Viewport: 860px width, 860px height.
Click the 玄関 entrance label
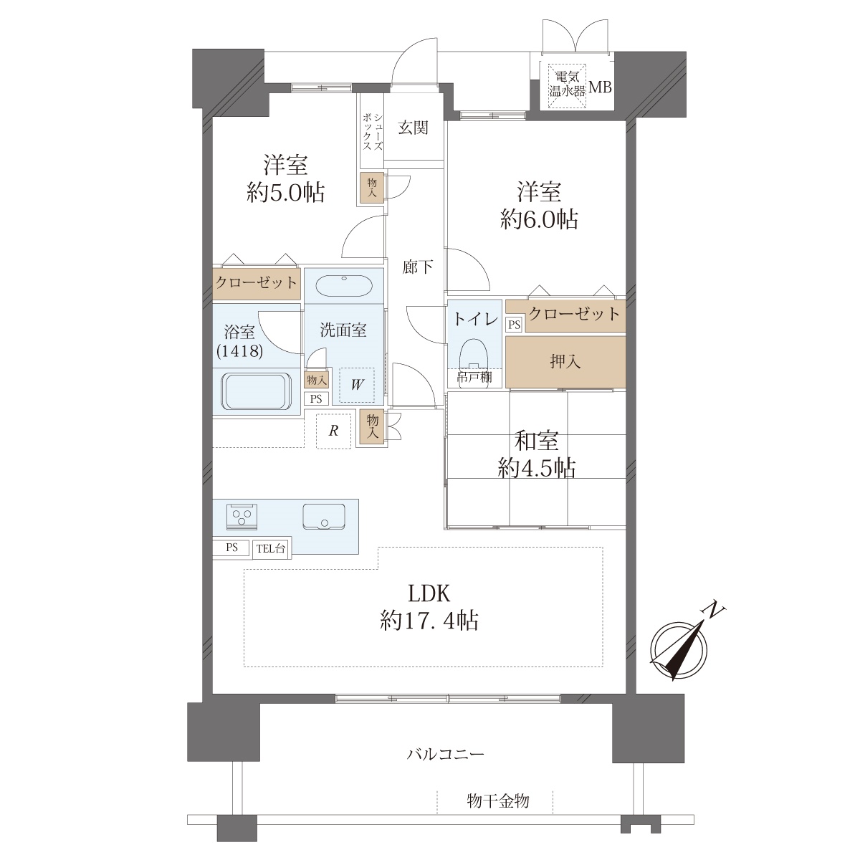[x=413, y=128]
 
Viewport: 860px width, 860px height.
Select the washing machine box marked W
[x=356, y=384]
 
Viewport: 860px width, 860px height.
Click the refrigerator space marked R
[x=333, y=431]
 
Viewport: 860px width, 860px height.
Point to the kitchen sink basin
[x=323, y=517]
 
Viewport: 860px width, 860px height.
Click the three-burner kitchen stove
[x=242, y=516]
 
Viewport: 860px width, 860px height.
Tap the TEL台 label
[x=271, y=548]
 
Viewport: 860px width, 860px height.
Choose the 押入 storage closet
[x=565, y=361]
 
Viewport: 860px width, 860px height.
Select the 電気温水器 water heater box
[x=567, y=87]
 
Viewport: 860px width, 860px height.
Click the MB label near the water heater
[x=601, y=87]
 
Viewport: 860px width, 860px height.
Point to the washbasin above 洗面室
[x=344, y=286]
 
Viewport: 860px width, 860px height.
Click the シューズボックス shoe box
[x=372, y=130]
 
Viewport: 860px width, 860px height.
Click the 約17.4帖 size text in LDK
[x=429, y=621]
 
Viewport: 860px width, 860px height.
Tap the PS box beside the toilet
[x=514, y=325]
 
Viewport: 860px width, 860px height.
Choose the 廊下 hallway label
[x=417, y=267]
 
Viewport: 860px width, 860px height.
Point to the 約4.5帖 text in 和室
[x=537, y=468]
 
